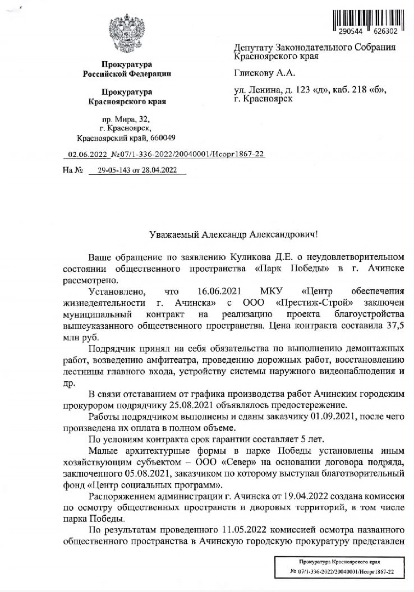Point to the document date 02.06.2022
click(x=87, y=154)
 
